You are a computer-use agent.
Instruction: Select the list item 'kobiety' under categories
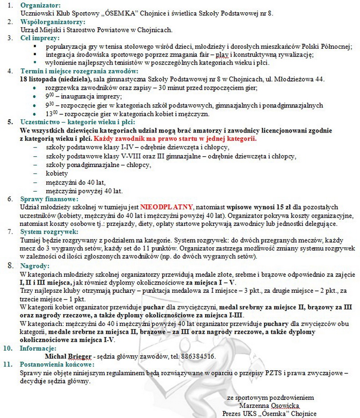click(x=57, y=173)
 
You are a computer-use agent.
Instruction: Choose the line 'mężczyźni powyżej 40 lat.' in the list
click(x=84, y=191)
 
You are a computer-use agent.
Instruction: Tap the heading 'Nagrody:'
click(x=34, y=265)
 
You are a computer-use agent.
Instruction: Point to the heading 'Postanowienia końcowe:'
click(x=57, y=364)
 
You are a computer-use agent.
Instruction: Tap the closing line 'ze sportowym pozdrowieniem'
click(x=270, y=398)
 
